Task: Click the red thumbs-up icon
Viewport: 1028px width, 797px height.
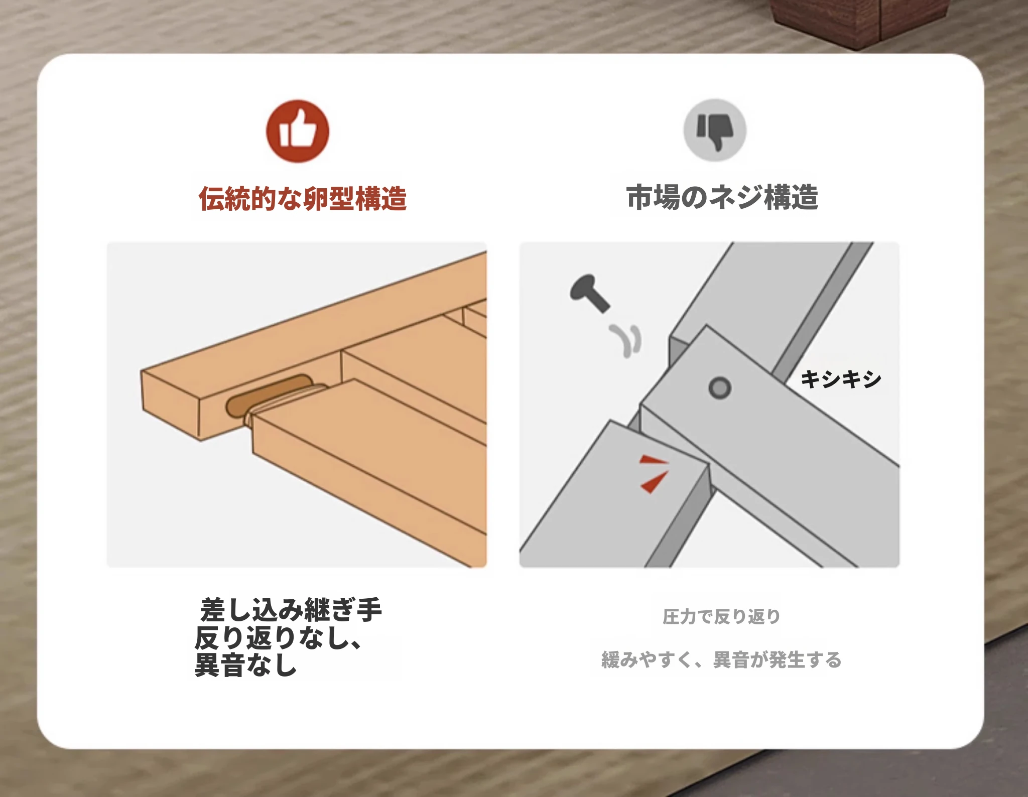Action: [298, 131]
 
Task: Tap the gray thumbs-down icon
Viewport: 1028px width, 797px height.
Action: [715, 130]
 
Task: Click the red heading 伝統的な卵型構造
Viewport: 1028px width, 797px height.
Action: [303, 198]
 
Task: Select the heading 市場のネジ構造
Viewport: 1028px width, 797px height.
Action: [722, 197]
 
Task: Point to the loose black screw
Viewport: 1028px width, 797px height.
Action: [590, 293]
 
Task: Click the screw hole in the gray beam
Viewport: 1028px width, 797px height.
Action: [720, 388]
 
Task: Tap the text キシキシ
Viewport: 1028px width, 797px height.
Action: [841, 379]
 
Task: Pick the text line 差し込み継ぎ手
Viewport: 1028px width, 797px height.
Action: [291, 610]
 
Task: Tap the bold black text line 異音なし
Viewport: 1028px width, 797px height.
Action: [245, 665]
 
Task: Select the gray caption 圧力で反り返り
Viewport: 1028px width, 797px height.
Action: [721, 617]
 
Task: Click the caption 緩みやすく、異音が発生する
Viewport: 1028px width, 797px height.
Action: [721, 659]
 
